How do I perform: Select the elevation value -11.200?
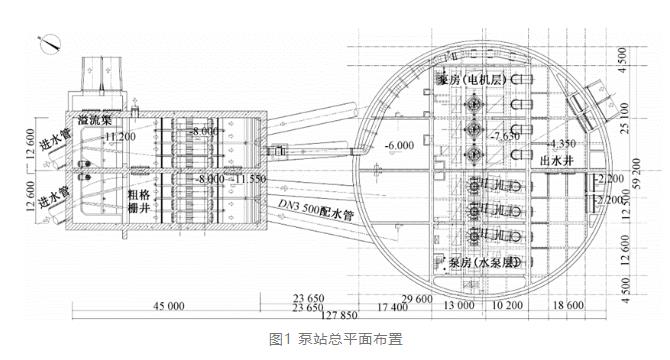[118, 136]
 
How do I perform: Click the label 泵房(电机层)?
[478, 78]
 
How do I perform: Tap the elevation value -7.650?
[504, 133]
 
